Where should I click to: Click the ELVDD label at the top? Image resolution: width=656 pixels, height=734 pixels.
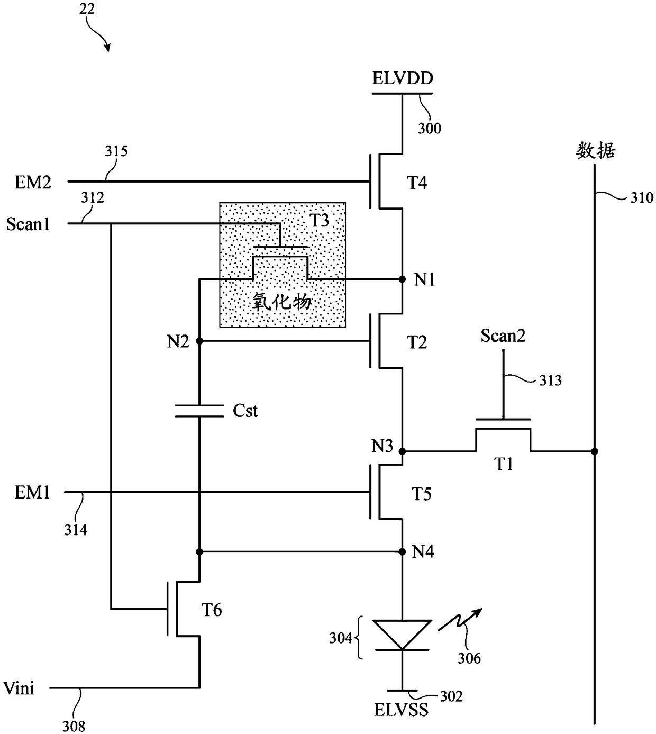403,78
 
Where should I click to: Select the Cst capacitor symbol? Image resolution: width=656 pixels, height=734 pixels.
199,411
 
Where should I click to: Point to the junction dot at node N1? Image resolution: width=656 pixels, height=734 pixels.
402,279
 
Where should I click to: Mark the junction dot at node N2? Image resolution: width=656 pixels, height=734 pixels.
199,341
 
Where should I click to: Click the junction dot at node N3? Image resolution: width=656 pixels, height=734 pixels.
402,451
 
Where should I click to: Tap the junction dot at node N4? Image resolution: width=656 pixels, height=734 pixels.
402,552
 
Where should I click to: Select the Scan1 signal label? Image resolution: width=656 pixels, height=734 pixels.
28,224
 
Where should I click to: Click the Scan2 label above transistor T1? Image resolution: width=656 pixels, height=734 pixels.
503,336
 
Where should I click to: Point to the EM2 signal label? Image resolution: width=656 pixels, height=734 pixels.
33,182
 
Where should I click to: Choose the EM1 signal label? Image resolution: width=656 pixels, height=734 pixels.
32,492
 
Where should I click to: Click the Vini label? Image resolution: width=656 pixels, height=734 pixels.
19,688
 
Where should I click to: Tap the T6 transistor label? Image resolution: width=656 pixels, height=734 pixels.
212,610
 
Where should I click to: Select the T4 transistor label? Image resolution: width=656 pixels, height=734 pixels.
417,183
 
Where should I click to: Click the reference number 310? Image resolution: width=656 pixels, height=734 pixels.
642,198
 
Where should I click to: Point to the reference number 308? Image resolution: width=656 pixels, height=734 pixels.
74,727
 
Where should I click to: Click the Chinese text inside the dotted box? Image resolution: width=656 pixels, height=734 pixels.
282,301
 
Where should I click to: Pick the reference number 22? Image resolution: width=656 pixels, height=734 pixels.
87,8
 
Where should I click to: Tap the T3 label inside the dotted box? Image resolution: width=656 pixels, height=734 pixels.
319,220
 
